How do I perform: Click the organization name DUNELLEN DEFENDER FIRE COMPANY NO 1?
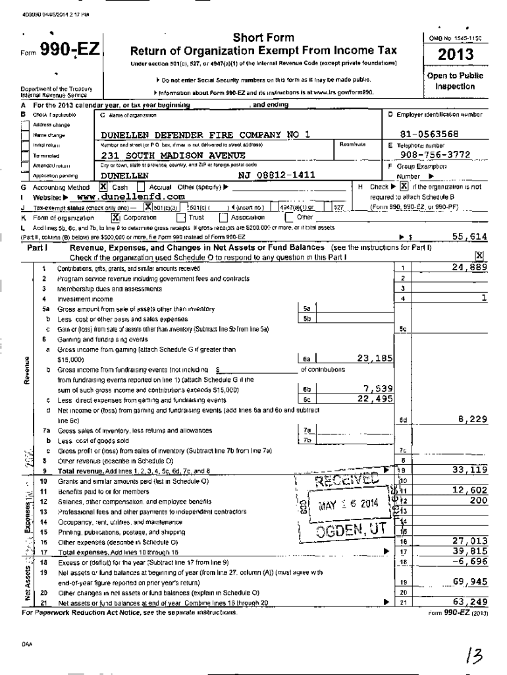(x=205, y=135)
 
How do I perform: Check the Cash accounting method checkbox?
(x=103, y=187)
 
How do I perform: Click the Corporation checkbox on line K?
(x=116, y=216)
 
